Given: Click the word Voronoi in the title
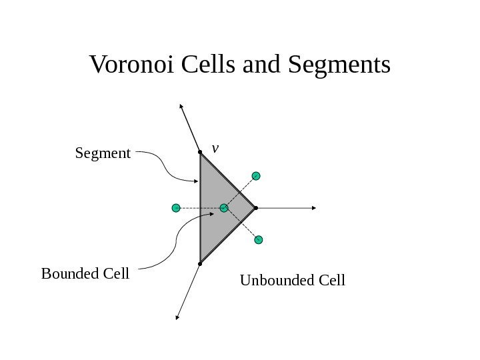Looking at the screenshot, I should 131,65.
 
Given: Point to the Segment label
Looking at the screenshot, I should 103,154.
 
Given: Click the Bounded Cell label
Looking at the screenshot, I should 85,273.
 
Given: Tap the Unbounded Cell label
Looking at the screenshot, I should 292,280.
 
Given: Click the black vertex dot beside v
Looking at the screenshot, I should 200,153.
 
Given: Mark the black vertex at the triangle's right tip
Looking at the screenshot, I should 256,208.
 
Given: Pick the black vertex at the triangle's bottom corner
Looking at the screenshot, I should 200,264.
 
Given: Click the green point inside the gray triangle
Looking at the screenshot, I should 224,208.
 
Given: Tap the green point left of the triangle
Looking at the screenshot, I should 176,208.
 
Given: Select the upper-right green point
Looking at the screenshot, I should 256,176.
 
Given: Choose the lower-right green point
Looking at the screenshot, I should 259,239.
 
